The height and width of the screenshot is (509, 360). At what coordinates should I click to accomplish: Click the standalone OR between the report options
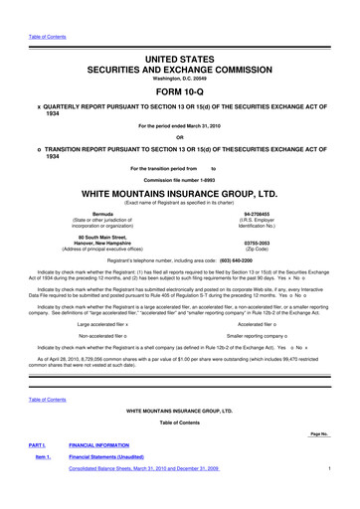(x=180, y=111)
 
